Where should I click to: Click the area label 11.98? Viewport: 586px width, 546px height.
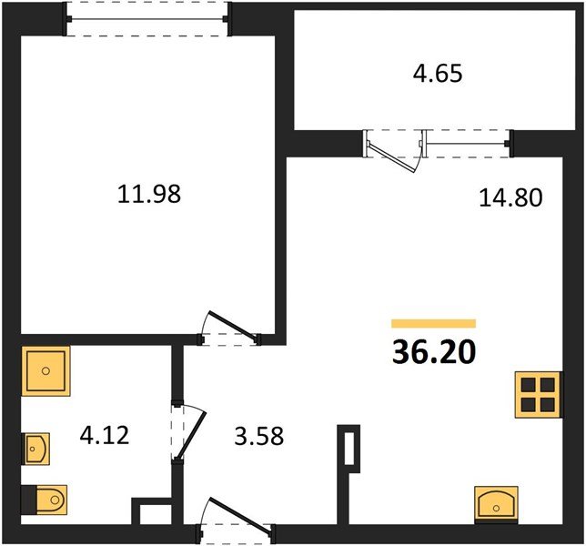(149, 195)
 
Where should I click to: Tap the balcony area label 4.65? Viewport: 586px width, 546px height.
(438, 73)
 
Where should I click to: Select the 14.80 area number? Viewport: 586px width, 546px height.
(510, 197)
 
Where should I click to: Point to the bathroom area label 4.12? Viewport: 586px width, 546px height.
(105, 435)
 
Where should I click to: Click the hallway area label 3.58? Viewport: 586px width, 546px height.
(259, 436)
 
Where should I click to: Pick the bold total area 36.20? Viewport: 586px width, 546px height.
(434, 352)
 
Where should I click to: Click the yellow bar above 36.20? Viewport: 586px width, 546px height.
(433, 323)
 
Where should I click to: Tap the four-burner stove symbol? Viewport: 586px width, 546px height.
(538, 395)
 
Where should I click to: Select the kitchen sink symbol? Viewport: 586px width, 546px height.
(496, 504)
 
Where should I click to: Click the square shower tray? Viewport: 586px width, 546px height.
(46, 371)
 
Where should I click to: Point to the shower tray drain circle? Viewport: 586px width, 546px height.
(46, 371)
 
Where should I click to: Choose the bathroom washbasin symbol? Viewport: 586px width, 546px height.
(36, 449)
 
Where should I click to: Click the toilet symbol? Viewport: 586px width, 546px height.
(44, 500)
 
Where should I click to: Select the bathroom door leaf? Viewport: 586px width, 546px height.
(191, 436)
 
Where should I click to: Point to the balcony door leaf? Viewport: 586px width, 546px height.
(392, 157)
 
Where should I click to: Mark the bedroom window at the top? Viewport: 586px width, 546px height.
(146, 19)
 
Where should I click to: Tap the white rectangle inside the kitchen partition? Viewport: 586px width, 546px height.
(349, 449)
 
